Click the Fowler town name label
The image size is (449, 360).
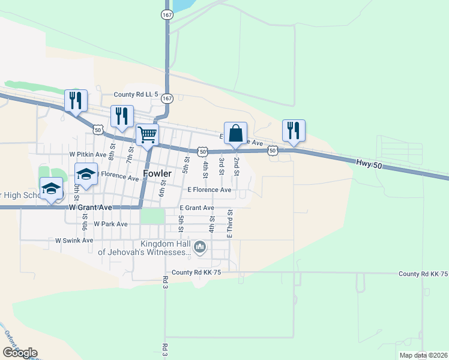click(157, 174)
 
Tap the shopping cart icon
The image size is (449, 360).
click(147, 134)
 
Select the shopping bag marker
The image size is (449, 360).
click(235, 133)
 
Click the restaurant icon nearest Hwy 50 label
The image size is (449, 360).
click(294, 130)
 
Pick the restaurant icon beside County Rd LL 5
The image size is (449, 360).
click(76, 100)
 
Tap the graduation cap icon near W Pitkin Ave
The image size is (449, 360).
click(86, 174)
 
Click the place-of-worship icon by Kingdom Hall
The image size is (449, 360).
click(200, 247)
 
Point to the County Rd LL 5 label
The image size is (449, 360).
click(136, 95)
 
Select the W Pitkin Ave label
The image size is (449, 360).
click(88, 155)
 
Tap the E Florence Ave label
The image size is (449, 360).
click(209, 190)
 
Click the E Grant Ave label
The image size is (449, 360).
click(197, 208)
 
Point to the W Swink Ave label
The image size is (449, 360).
click(74, 240)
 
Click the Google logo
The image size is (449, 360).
click(20, 353)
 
